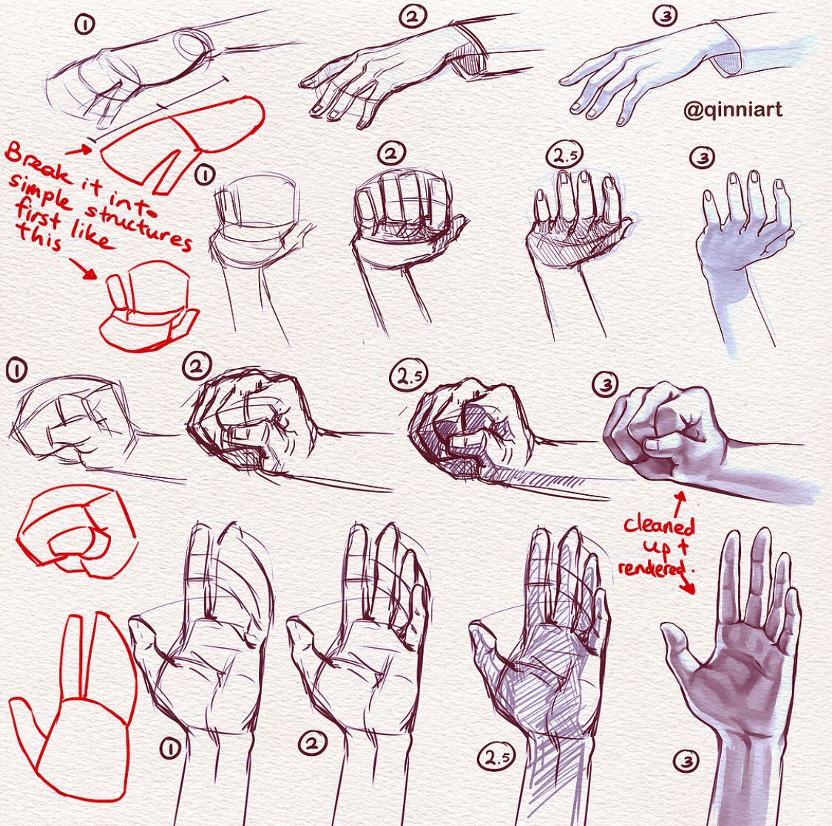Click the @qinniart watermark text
tap(732, 110)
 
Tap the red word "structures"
tap(139, 225)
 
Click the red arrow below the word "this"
tap(81, 267)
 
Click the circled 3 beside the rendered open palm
tap(687, 762)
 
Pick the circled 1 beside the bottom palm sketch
tap(170, 748)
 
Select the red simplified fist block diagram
tap(74, 530)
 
